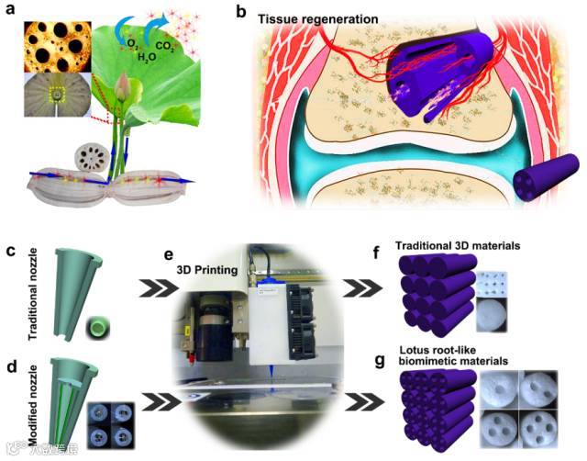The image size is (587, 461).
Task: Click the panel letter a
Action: (10, 10)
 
